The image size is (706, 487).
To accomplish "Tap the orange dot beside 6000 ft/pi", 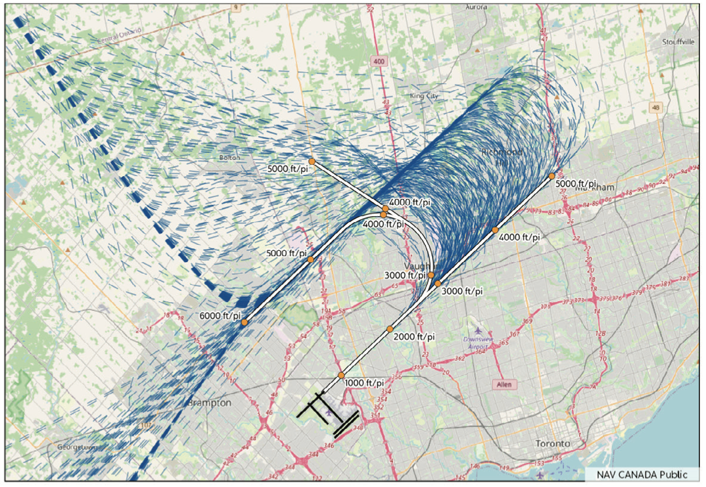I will point(245,322).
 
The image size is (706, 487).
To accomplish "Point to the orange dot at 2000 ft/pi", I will point(390,329).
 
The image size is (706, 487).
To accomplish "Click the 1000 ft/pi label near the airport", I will point(365,383).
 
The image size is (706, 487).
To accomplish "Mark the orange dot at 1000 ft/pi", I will point(341,376).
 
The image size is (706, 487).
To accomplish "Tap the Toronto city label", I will point(553,444).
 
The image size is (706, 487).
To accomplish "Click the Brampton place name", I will point(209,404).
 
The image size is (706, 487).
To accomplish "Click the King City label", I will point(425,97).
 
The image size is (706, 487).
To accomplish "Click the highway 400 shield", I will point(379,61).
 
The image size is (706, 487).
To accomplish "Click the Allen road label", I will point(504,385).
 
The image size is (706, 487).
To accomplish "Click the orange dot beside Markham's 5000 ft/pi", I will point(552,176).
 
